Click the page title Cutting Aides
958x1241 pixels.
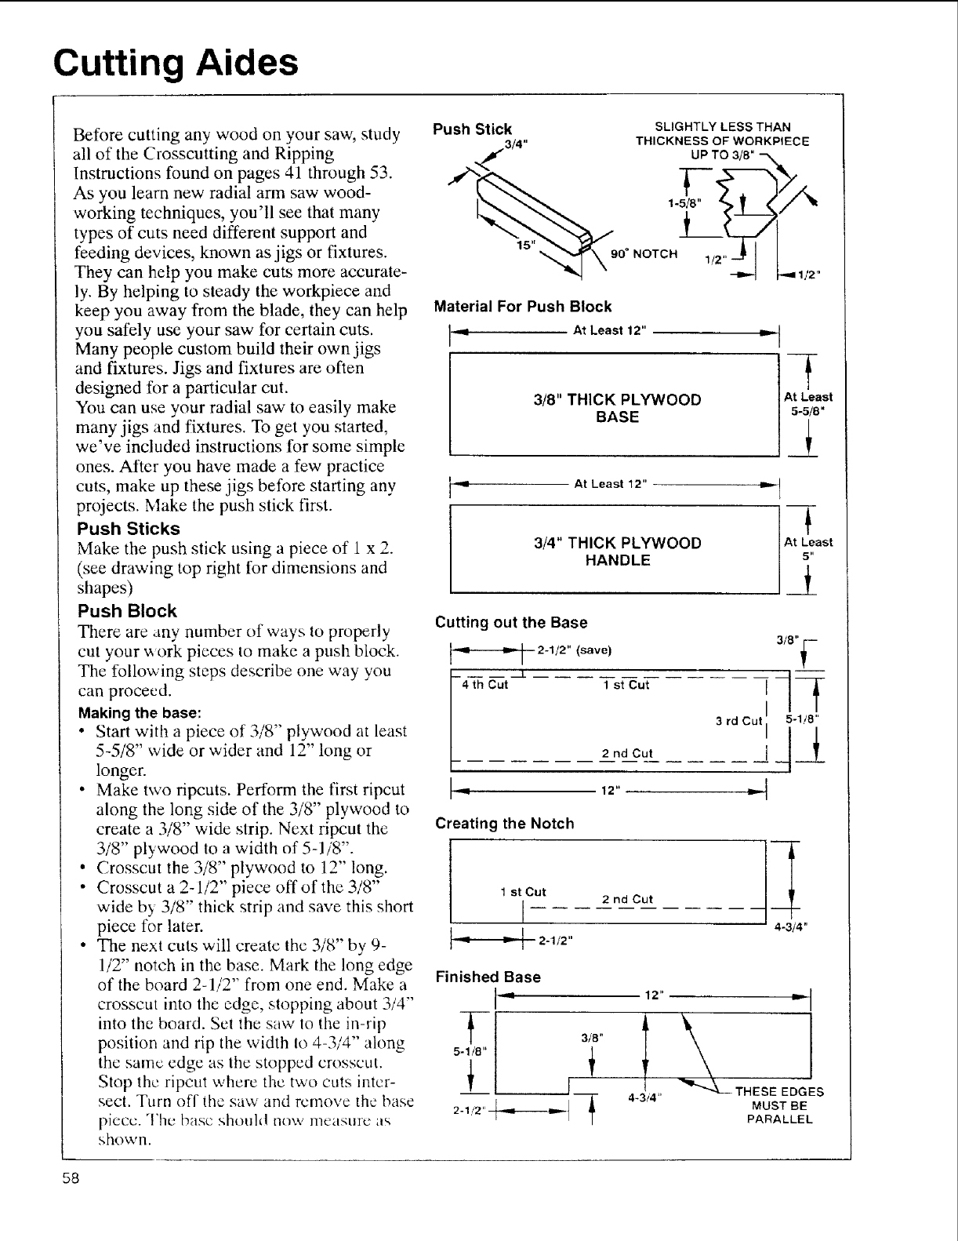(176, 62)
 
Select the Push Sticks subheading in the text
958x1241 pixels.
(129, 529)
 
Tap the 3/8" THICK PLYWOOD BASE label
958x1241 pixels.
(617, 408)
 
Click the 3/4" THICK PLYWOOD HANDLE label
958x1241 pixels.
(617, 551)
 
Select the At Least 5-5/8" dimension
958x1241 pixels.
(808, 403)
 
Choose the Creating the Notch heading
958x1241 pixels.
(505, 824)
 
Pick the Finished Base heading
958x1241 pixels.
(488, 977)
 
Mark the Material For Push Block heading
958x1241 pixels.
(523, 307)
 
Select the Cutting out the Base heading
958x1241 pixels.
(511, 622)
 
